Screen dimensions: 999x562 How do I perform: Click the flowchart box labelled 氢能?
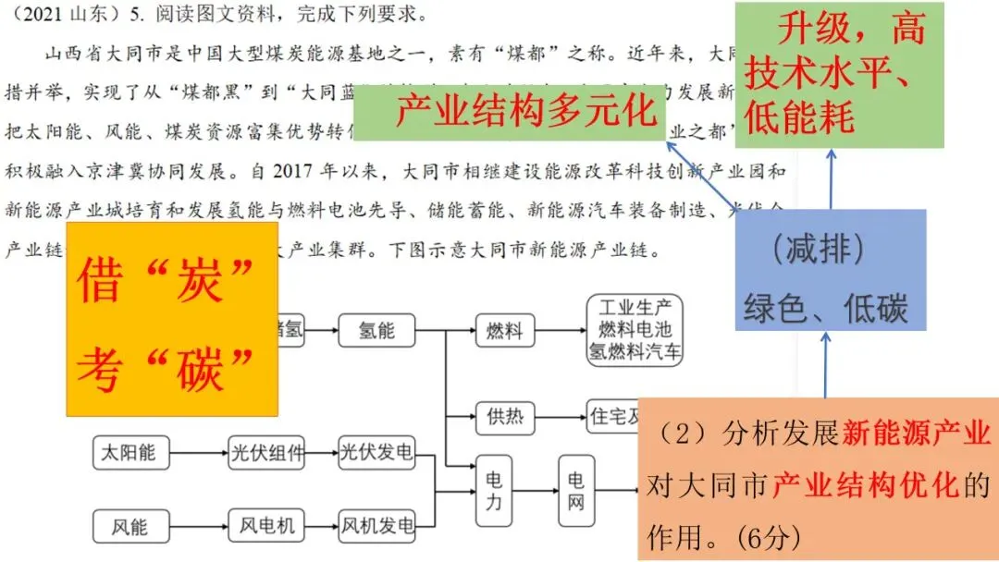(376, 330)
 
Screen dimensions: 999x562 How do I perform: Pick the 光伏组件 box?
(266, 453)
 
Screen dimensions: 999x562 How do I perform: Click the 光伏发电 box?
(376, 453)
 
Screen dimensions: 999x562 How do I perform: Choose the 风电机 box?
(266, 526)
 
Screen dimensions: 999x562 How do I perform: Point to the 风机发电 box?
(376, 526)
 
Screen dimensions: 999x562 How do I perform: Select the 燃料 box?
(505, 330)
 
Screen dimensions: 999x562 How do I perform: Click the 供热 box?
(505, 417)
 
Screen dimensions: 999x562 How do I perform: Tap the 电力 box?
(493, 492)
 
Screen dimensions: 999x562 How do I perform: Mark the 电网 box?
(576, 492)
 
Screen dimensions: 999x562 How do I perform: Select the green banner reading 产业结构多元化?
(525, 113)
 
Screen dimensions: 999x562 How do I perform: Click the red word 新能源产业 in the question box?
(916, 433)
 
